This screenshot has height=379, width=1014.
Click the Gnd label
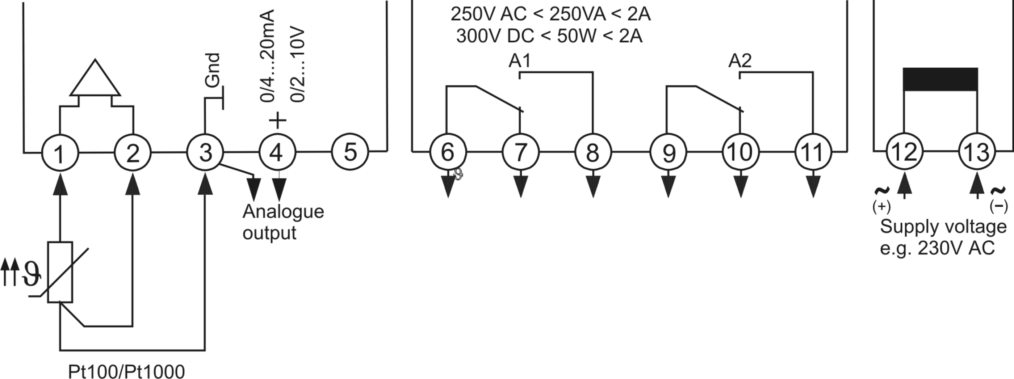(x=213, y=70)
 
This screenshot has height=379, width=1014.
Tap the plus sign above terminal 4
(x=278, y=120)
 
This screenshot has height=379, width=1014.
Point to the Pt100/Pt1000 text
(x=126, y=371)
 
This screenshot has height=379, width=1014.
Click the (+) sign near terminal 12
(x=881, y=207)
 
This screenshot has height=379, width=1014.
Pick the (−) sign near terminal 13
(x=999, y=207)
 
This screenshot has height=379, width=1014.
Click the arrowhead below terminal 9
(x=668, y=186)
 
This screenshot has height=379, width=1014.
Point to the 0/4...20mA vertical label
(x=267, y=56)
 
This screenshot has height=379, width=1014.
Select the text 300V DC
(x=495, y=36)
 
